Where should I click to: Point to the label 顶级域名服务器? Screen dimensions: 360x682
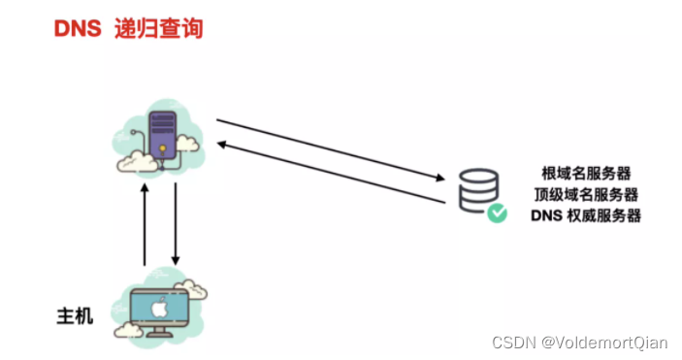[586, 193]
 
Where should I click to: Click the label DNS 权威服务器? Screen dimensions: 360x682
[586, 214]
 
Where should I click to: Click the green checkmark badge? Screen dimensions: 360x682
[497, 213]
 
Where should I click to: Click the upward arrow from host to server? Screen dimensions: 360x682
[146, 224]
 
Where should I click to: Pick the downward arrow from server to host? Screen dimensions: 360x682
[176, 224]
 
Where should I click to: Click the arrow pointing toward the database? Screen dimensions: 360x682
[330, 150]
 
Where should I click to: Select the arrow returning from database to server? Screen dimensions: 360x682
[330, 172]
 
